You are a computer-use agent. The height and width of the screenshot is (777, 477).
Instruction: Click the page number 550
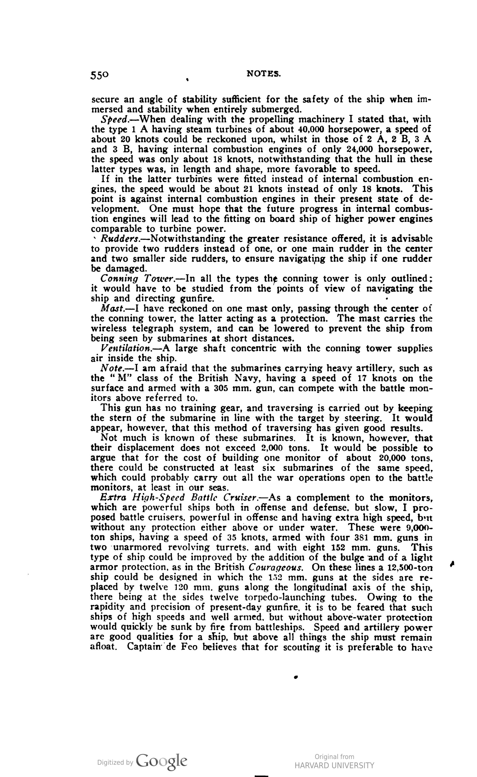click(x=100, y=75)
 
